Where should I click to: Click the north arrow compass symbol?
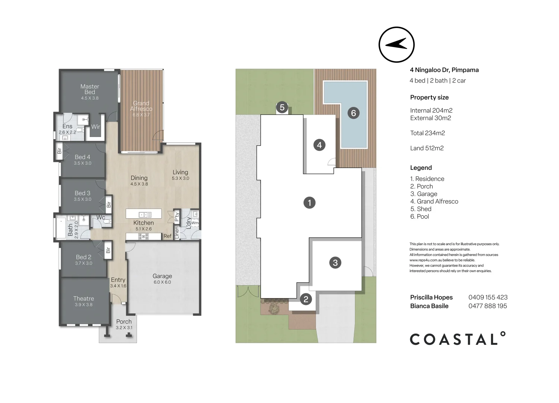(396, 44)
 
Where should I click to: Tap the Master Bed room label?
(89, 89)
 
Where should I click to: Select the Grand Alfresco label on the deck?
(141, 106)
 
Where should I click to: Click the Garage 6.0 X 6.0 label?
(162, 279)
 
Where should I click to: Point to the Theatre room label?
(84, 299)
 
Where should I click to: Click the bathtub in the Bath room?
(61, 228)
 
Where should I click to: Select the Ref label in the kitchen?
(167, 236)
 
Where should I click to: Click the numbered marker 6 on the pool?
(354, 113)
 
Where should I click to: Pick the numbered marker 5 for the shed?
(282, 107)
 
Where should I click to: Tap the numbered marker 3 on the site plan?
(335, 263)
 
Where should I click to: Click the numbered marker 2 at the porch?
(306, 299)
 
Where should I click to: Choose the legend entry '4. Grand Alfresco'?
(434, 201)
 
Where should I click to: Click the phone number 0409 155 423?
(488, 297)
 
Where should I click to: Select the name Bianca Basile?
(429, 306)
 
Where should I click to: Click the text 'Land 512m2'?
(427, 148)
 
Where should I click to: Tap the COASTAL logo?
(458, 339)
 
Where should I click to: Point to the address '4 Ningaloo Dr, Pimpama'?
(444, 70)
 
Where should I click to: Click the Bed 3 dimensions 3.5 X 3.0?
(82, 199)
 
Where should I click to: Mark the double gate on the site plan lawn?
(248, 291)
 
